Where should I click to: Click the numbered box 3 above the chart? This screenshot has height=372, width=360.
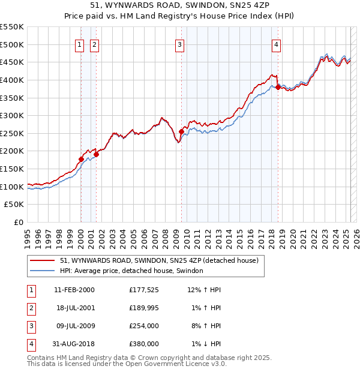[x=180, y=44]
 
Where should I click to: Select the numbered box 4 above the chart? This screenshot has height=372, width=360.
[x=276, y=44]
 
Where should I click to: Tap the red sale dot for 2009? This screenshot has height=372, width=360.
[x=181, y=131]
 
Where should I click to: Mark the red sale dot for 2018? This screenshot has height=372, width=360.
[x=278, y=87]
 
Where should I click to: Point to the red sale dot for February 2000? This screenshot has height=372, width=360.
[x=81, y=159]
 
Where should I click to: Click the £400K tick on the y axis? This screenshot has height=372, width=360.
[x=12, y=80]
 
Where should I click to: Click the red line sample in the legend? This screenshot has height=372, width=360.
[x=42, y=260]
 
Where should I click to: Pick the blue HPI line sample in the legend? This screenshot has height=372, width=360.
[x=42, y=271]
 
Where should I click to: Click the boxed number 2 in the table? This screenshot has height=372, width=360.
[x=30, y=308]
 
